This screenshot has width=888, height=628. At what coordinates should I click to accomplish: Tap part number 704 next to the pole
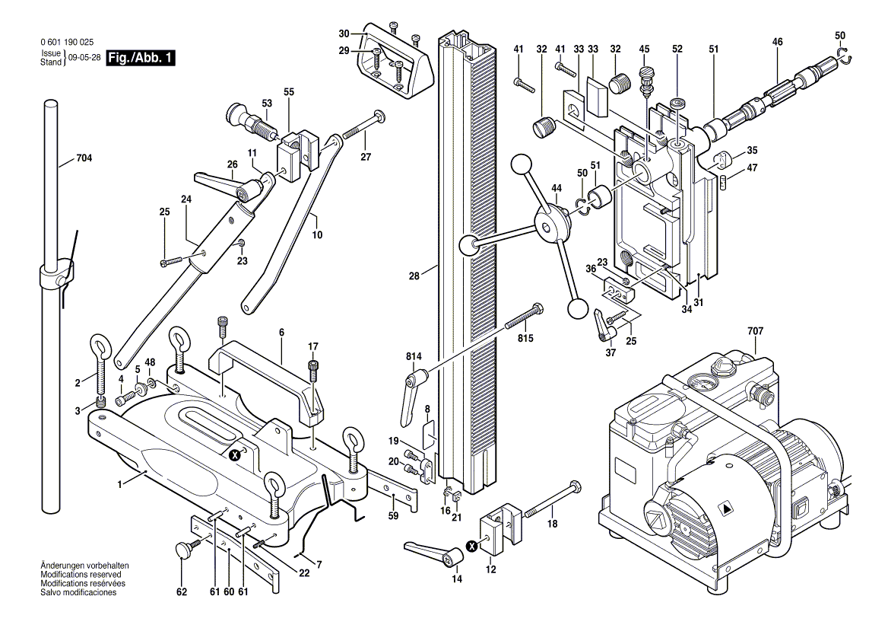[84, 159]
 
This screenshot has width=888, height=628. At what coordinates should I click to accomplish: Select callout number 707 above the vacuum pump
[756, 331]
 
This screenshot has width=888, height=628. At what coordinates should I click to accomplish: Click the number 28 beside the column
[414, 277]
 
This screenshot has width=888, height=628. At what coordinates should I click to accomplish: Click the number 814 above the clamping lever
[413, 355]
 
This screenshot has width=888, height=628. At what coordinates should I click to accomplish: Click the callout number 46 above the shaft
[777, 42]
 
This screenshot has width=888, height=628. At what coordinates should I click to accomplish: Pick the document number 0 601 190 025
[69, 43]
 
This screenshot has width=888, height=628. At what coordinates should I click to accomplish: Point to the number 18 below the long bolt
[552, 524]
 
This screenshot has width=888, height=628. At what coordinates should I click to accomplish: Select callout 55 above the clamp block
[288, 91]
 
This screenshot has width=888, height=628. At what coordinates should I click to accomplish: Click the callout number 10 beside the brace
[316, 235]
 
